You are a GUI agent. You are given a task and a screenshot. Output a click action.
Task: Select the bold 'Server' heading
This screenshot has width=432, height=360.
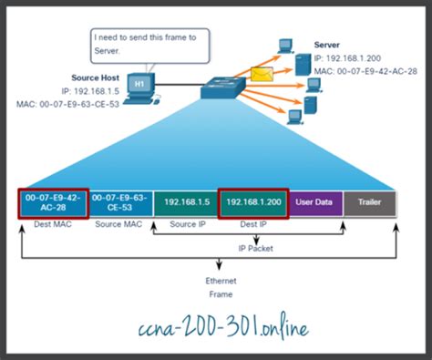pos(327,44)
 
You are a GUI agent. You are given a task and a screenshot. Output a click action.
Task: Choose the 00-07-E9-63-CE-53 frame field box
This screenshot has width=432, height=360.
pos(119,203)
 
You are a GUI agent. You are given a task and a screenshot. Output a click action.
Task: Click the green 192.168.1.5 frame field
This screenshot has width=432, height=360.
pos(186,203)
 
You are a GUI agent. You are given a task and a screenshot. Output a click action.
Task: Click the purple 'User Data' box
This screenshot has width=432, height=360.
pos(316,203)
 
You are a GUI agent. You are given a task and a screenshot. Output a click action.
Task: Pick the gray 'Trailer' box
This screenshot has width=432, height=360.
pos(370,203)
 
